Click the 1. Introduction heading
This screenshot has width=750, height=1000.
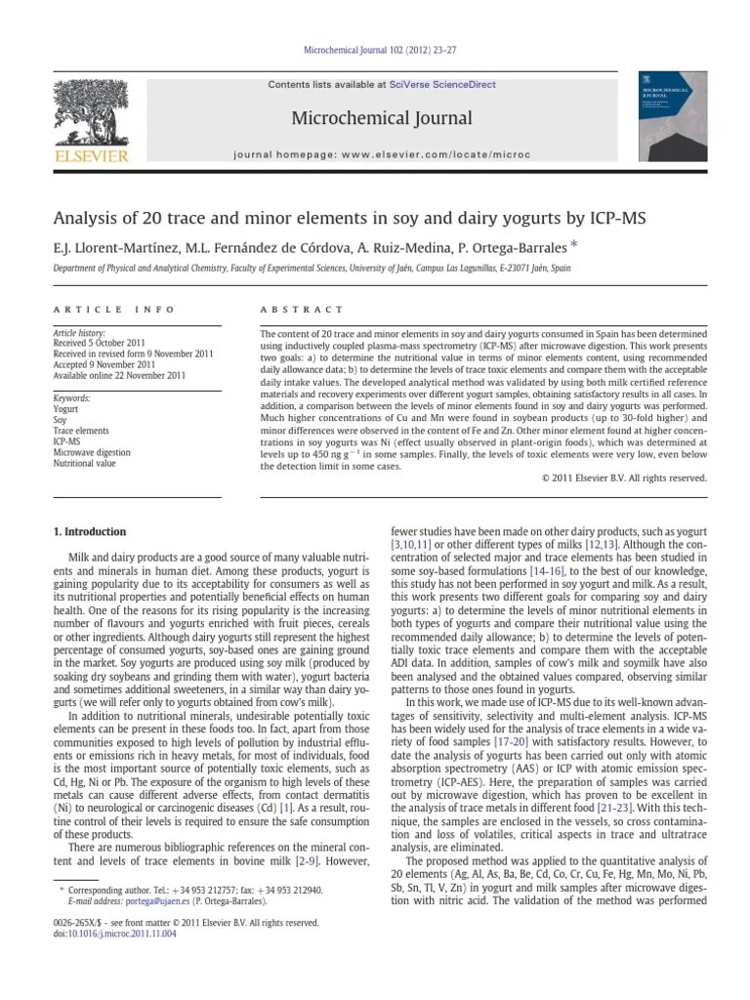[x=88, y=532]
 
